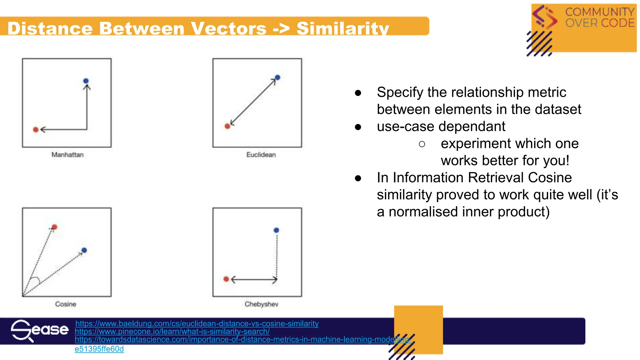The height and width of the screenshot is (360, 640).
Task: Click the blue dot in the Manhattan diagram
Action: tap(86, 81)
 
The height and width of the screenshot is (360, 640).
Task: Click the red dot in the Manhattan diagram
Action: tap(36, 130)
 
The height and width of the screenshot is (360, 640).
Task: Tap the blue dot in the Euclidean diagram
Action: tap(277, 77)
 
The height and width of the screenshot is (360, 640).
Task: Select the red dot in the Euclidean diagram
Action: tap(227, 126)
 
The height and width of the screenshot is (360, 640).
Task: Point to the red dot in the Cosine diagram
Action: tap(54, 227)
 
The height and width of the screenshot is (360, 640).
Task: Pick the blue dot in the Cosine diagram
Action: tap(84, 250)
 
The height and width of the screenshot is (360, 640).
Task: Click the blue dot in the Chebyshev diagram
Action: tap(276, 230)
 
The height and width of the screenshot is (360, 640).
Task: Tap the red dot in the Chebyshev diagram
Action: tap(226, 279)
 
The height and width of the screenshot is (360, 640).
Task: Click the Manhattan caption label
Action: tap(67, 155)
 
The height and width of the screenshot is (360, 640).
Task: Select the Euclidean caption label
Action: tap(261, 155)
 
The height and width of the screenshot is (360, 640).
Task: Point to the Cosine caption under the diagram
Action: tap(66, 304)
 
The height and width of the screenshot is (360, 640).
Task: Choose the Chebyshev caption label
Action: tap(261, 304)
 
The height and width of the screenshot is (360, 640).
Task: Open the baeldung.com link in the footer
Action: tap(197, 323)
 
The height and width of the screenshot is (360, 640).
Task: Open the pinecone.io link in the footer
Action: tap(172, 331)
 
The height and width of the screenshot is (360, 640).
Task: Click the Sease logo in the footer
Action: tap(39, 330)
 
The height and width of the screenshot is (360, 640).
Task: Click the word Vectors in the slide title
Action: tap(228, 28)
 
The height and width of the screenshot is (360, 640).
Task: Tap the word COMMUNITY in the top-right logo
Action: tap(600, 12)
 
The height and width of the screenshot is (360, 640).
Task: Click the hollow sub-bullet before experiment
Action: tap(422, 144)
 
